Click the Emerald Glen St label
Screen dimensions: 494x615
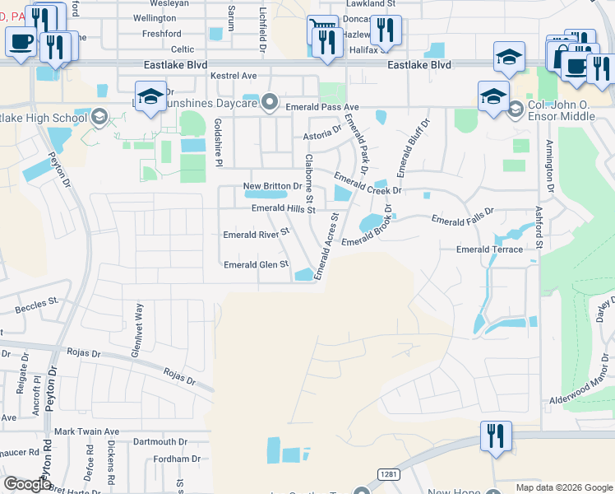(257, 264)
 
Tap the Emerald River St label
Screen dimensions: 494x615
(257, 234)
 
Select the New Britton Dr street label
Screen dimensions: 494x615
(273, 186)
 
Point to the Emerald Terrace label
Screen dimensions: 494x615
(489, 249)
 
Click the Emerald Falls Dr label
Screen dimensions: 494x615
(463, 217)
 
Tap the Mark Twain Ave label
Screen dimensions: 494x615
(86, 431)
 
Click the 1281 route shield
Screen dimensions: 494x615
(389, 473)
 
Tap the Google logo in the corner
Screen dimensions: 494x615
(27, 484)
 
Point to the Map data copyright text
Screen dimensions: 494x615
(563, 487)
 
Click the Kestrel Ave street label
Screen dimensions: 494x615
(234, 76)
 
